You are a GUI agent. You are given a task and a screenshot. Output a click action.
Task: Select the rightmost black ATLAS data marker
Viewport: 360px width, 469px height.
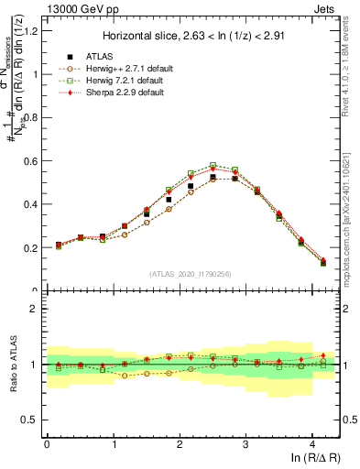tap(323, 263)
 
